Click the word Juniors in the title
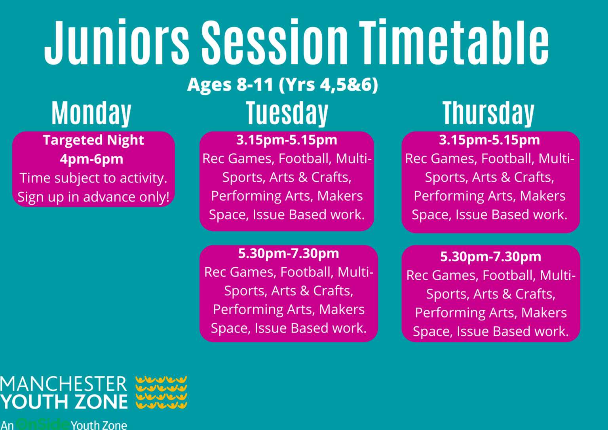click(x=117, y=42)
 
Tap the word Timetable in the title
click(x=454, y=42)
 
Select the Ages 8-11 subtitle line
click(x=283, y=84)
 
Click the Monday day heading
click(x=91, y=113)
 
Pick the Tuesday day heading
click(x=287, y=113)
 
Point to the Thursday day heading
click(x=488, y=113)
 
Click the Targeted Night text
click(x=93, y=140)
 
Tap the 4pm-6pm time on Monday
click(x=91, y=159)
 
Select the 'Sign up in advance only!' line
click(x=93, y=197)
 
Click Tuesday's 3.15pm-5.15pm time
click(x=287, y=140)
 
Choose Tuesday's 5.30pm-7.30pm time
click(x=289, y=253)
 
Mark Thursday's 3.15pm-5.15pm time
click(x=489, y=140)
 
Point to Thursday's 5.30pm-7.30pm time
click(x=490, y=257)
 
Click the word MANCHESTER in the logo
click(x=63, y=384)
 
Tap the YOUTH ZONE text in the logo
click(x=64, y=402)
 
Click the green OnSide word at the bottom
click(x=43, y=424)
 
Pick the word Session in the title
click(x=275, y=42)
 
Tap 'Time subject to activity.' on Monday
click(x=93, y=178)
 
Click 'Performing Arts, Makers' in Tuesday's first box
click(x=287, y=196)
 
